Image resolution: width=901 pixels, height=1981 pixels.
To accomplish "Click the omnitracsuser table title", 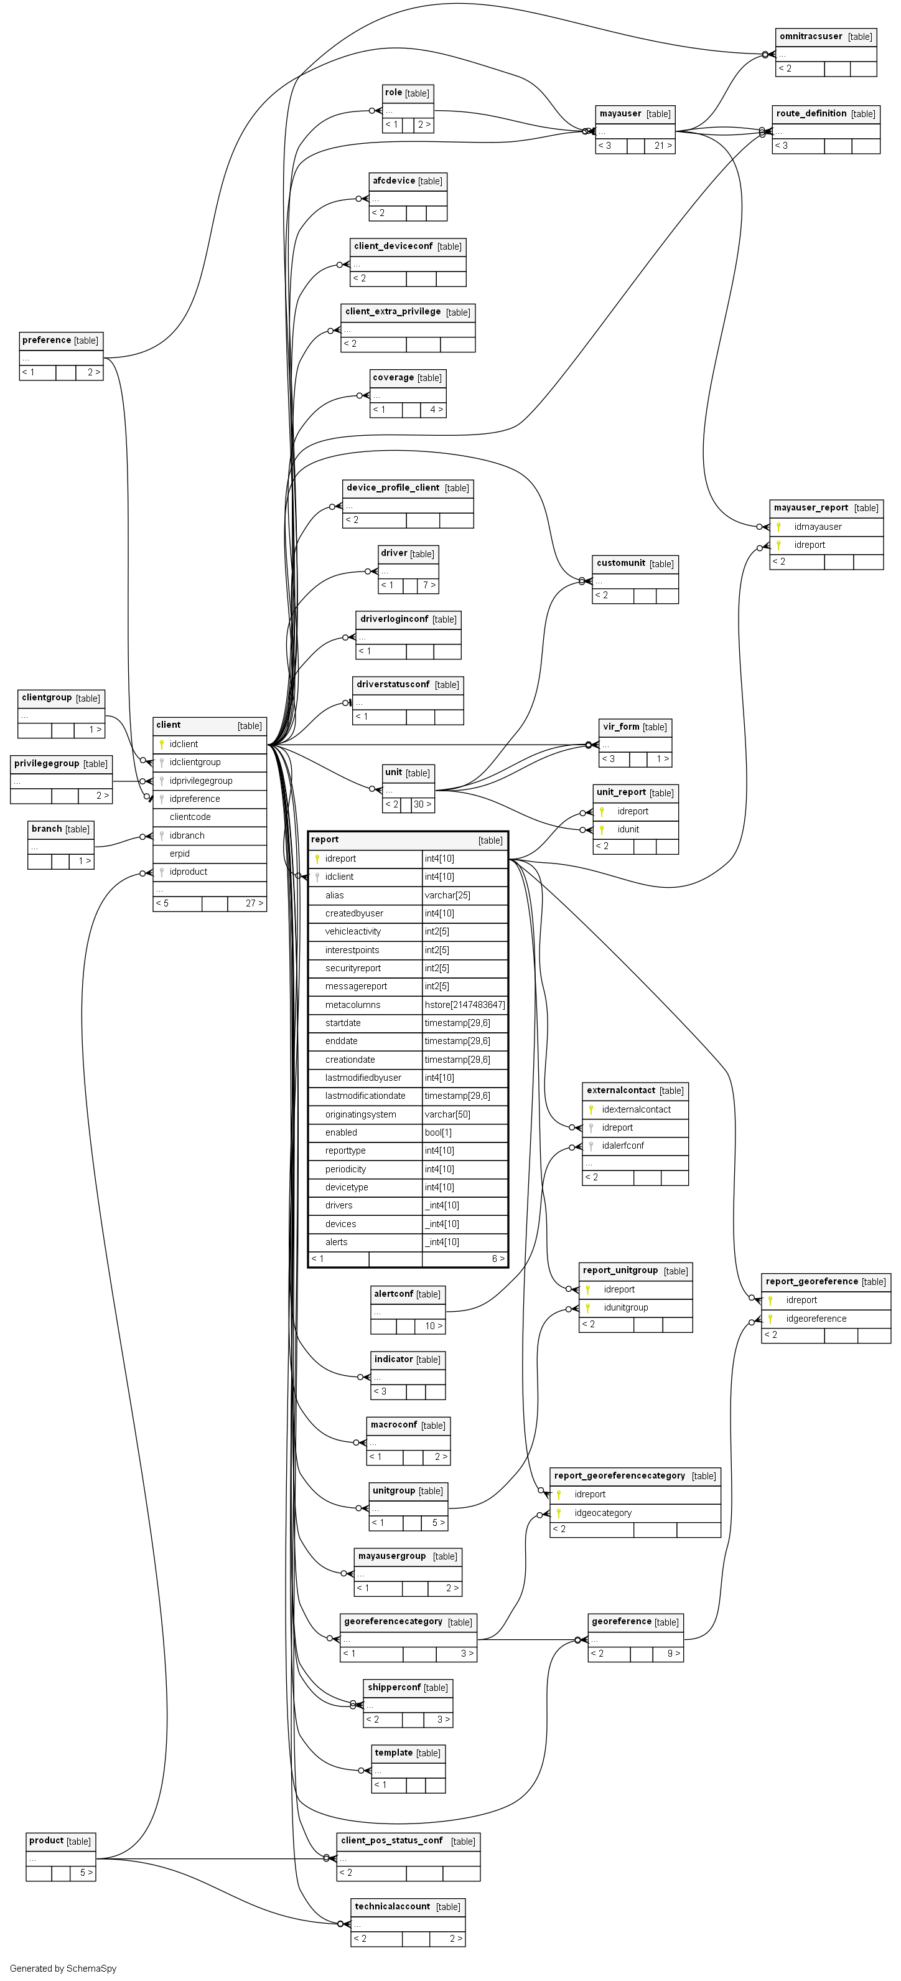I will coord(810,37).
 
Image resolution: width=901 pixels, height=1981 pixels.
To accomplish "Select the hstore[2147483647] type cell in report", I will coord(464,1004).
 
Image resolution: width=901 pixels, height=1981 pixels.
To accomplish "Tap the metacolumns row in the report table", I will coord(353,1004).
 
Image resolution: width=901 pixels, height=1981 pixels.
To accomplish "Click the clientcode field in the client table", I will coord(190,817).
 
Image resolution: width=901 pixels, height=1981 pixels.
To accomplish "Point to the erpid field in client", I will coord(180,854).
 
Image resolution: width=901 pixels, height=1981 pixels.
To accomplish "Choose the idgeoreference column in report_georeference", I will coord(816,1318).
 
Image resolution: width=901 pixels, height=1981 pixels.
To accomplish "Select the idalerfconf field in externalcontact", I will coord(623,1145).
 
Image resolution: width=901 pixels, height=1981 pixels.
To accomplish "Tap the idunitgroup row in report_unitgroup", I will coord(626,1307).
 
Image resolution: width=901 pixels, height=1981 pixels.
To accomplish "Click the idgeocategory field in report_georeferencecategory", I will coord(603,1513).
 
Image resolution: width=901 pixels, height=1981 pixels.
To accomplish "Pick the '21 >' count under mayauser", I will coord(663,145).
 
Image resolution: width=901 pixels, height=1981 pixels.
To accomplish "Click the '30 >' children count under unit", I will coord(422,804).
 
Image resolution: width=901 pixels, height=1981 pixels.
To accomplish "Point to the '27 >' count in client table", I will coord(254,903).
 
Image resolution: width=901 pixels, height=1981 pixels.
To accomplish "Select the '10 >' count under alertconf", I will coord(434,1326).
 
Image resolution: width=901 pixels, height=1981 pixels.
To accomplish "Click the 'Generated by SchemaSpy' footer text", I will coord(63,1968).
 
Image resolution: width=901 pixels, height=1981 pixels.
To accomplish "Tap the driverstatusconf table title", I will coord(393,684).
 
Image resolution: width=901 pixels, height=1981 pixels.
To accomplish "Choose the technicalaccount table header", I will coord(392,1906).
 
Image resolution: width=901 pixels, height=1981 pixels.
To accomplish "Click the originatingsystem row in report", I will coord(360,1114).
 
